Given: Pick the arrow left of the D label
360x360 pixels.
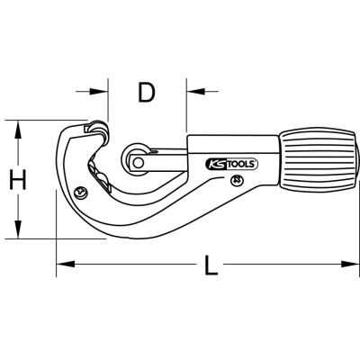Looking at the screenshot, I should click(98, 92).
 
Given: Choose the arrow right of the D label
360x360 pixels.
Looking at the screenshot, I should click(197, 92).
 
